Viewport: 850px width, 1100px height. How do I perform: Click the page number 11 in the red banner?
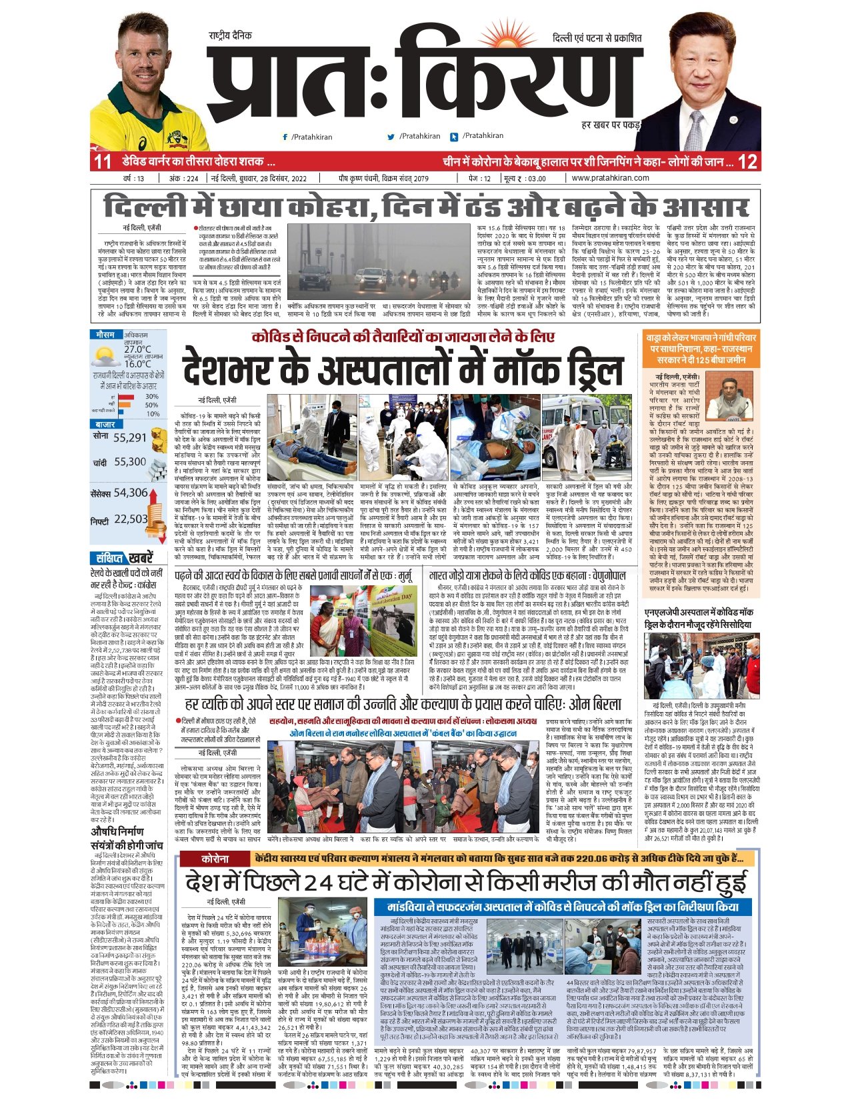tap(102, 162)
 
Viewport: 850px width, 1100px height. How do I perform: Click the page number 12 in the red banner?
tap(747, 162)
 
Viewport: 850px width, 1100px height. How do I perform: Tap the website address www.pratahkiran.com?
tap(610, 178)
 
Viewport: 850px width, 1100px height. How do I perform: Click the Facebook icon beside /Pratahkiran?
tap(285, 137)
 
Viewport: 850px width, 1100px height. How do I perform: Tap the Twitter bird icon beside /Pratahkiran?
tap(391, 137)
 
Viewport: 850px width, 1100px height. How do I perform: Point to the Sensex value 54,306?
tap(131, 493)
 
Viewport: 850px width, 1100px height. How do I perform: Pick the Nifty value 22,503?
tap(131, 519)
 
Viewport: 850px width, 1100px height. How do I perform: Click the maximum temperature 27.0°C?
tap(137, 349)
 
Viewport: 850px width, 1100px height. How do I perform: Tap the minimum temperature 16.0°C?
tap(137, 364)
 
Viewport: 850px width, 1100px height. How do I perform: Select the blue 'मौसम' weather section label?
tap(105, 335)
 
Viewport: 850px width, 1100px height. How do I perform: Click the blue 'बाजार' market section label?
tap(105, 424)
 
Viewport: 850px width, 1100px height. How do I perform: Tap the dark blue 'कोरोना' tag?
tap(215, 859)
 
